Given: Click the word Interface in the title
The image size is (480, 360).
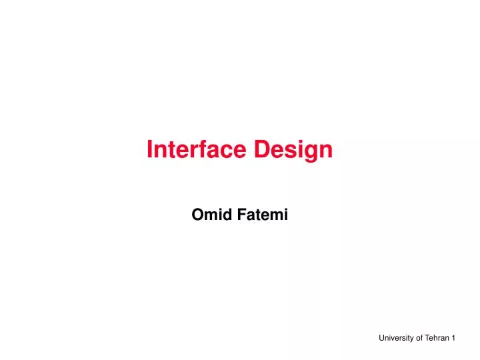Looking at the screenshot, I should coord(197,150).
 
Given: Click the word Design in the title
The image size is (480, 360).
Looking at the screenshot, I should coord(293,150).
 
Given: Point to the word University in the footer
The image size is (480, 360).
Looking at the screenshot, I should coord(396,339).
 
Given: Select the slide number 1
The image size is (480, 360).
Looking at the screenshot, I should coord(453,339).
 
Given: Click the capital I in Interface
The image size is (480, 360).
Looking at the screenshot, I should coord(149,150).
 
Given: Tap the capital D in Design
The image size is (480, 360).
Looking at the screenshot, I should coord(261,150).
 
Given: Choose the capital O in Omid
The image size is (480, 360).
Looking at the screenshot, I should coord(197,215).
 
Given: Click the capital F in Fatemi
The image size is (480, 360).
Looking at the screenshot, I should coord(238,215).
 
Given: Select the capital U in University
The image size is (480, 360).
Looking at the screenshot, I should coord(381,339).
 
